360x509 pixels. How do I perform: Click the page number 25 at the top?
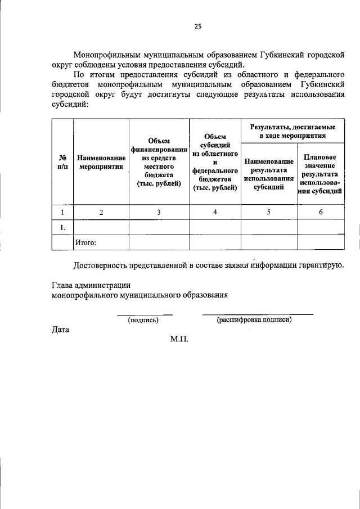coord(198,25)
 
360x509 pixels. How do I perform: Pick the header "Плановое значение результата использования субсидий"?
coord(320,174)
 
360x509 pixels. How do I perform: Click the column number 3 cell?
coord(159,212)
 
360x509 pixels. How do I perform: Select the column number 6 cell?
coord(320,212)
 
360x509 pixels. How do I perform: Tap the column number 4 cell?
coord(215,212)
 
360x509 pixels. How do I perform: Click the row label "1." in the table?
coord(63,227)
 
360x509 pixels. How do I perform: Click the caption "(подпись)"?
coord(143,320)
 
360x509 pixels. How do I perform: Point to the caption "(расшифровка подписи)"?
coord(254,320)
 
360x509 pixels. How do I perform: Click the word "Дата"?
coord(60,330)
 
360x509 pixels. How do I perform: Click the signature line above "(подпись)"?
coord(145,314)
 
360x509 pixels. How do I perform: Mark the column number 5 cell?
coord(269,212)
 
